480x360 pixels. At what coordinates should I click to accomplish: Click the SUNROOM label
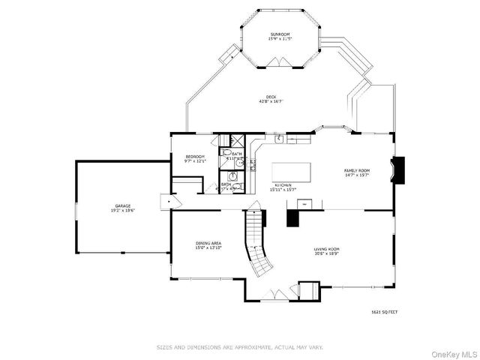tap(280, 35)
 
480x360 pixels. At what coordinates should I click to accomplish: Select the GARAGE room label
tap(124, 205)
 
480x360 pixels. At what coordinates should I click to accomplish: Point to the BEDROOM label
tap(195, 156)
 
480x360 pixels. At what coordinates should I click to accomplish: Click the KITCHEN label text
tap(283, 184)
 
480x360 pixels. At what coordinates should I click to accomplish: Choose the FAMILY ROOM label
tap(355, 170)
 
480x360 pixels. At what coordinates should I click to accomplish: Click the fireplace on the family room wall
tap(399, 169)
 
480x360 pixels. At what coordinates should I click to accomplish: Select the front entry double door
tap(279, 295)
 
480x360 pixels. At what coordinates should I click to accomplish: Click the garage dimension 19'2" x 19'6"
tap(124, 210)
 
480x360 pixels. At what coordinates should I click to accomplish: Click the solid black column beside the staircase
tap(292, 217)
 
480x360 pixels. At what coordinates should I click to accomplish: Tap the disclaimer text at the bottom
tap(239, 346)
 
